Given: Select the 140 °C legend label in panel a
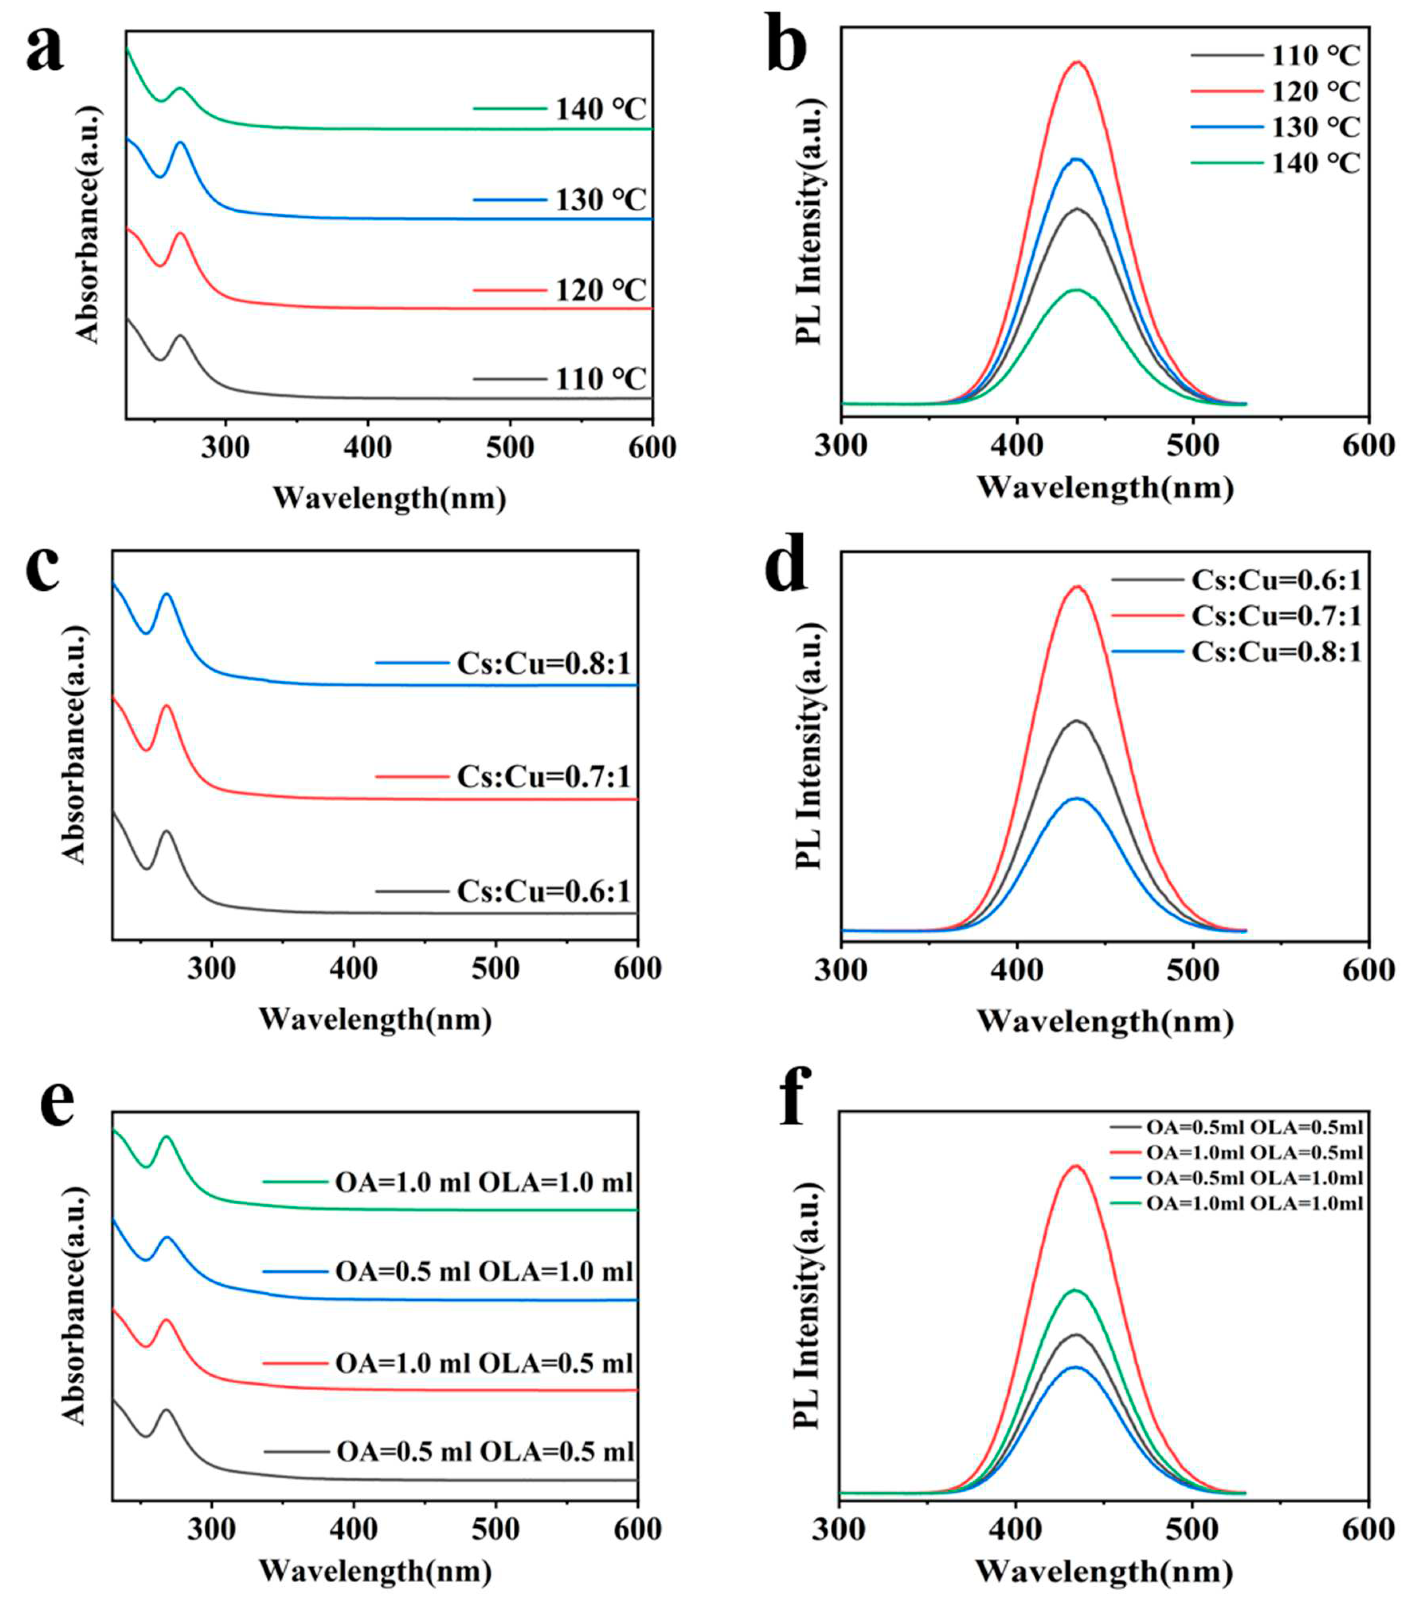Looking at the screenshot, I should pos(601,109).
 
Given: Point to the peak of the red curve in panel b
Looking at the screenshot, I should pos(1078,62).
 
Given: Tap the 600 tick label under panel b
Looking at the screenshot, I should pos(1369,445).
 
